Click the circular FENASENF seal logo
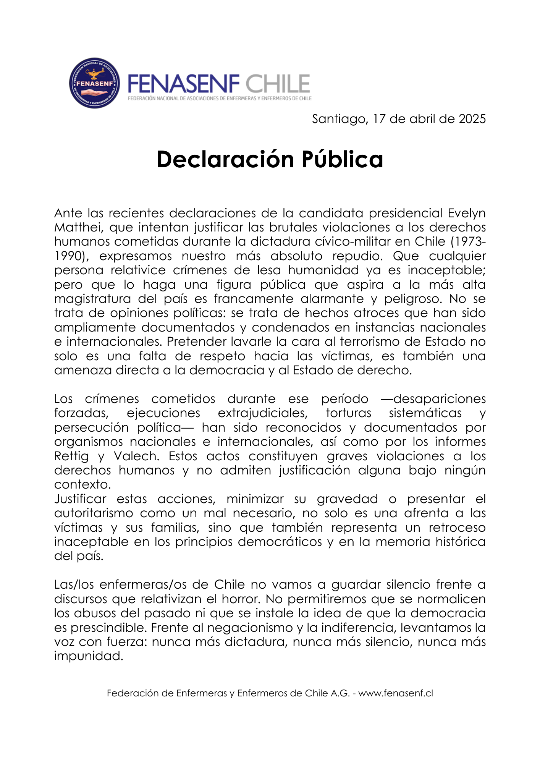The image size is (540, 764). (94, 83)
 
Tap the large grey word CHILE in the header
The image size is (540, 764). (278, 84)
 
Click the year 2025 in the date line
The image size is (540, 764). (472, 119)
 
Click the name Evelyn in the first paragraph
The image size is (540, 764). (467, 213)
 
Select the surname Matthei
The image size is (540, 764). (79, 228)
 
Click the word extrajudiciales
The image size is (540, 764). (263, 413)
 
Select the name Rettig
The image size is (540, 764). (71, 456)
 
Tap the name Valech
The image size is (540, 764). (136, 456)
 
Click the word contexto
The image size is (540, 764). (82, 484)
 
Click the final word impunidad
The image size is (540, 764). (89, 656)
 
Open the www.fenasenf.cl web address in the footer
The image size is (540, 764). (396, 693)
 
